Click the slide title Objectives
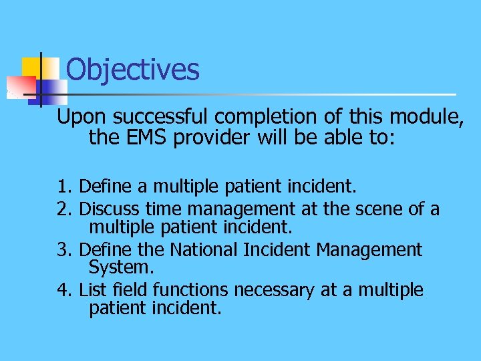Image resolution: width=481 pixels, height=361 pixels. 133,70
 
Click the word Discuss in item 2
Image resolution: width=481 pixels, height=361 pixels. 106,209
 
